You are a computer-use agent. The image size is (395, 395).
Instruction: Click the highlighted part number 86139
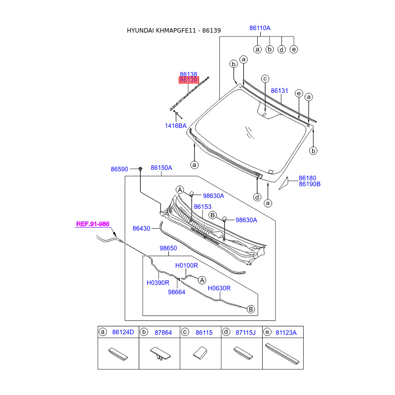189,80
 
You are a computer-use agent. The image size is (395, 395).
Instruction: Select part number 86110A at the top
260,28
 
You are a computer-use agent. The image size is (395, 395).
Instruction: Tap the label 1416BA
176,125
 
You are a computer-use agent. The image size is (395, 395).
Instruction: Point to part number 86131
279,91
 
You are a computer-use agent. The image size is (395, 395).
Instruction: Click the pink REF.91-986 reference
93,224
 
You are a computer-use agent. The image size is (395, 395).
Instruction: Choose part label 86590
119,169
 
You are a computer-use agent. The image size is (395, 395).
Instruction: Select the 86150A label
161,168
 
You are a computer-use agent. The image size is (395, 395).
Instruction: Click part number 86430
141,229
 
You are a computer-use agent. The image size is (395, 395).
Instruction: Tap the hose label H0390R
158,283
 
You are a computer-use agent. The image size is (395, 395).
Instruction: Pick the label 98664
176,292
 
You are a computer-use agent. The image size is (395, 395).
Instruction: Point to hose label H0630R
219,288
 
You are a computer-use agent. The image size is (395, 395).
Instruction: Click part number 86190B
310,184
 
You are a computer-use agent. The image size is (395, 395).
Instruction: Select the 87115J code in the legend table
245,332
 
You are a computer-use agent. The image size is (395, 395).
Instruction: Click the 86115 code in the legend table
204,332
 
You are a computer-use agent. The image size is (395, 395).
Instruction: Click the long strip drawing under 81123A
282,353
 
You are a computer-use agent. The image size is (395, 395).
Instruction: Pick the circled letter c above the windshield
265,79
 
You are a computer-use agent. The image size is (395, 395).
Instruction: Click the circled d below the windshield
257,197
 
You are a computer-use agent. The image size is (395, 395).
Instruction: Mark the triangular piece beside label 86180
284,183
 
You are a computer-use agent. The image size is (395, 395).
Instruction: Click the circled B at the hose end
251,309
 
